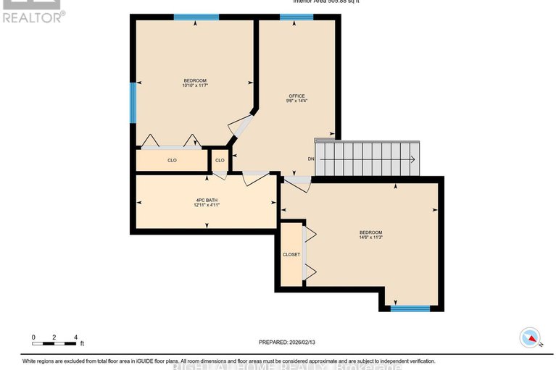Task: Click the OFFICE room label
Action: tap(296, 96)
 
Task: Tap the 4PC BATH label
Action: tap(207, 200)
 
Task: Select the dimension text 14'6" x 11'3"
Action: tap(370, 237)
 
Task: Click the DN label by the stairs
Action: tap(311, 159)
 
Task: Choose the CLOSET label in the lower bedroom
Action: tap(291, 255)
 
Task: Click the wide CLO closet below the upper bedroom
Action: tap(172, 160)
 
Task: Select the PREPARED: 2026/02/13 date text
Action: tap(290, 342)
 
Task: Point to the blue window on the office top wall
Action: tap(296, 17)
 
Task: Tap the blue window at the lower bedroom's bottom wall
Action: tap(410, 308)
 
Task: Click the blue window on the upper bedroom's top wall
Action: tap(196, 17)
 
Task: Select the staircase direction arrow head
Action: tap(412, 159)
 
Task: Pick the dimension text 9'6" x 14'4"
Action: tap(296, 101)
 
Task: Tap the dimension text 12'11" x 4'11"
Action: tap(207, 206)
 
